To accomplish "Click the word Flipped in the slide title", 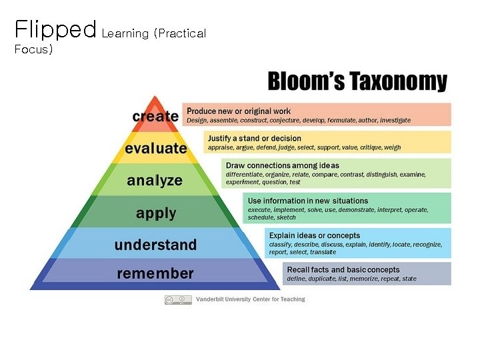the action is coord(55,29).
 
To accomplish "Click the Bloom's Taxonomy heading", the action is coord(357,82).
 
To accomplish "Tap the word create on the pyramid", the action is coord(155,116).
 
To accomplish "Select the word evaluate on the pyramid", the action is coord(156,148).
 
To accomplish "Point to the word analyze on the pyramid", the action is coord(155,180).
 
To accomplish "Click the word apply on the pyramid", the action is coord(156,213).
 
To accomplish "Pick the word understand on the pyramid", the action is coord(155,245).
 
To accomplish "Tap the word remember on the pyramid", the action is coord(155,273).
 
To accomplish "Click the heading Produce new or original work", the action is coord(239,111).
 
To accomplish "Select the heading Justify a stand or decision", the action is coord(255,138).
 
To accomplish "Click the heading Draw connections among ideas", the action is coord(282,165).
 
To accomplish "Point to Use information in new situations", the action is coord(307,201).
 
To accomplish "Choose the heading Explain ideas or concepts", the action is coord(314,235).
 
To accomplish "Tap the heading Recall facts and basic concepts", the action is coord(343,270).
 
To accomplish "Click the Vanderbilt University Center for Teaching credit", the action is coord(250,300).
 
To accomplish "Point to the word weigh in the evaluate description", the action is coord(393,147).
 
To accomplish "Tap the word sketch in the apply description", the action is coord(286,217).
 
